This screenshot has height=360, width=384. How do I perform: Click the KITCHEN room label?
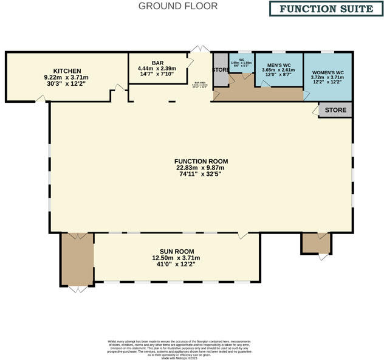tap(66, 71)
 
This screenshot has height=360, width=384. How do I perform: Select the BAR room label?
tap(157, 63)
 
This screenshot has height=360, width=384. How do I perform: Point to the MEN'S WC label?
tap(278, 64)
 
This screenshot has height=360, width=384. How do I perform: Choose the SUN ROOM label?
tap(176, 251)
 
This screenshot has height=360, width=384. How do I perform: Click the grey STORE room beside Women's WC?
tap(335, 110)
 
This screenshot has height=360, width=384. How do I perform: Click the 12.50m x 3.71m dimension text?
tap(176, 258)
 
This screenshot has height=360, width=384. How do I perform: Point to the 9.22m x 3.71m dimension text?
tap(66, 78)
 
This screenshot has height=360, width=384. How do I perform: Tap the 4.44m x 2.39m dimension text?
tap(157, 69)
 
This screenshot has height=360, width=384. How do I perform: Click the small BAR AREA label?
tap(201, 85)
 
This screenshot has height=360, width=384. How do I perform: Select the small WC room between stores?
tap(241, 64)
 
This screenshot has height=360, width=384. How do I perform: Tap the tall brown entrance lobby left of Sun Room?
tap(77, 258)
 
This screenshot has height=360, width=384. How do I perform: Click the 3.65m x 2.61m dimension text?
tap(278, 71)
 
